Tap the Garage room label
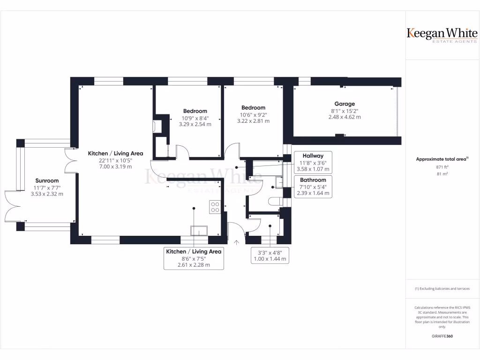point(345,104)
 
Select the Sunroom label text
point(47,180)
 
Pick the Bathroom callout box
point(313,187)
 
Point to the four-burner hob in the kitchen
point(215,207)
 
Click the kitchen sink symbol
point(199,230)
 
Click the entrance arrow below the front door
point(236,242)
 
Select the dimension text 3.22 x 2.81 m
point(253,121)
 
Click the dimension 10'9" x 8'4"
point(195,118)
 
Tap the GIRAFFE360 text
point(442,336)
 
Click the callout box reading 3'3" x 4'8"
point(270,255)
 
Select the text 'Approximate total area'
point(442,159)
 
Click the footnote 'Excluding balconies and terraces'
point(442,289)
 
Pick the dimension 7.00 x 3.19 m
point(116,166)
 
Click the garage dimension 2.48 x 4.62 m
point(345,117)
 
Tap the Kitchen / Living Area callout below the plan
point(194,258)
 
